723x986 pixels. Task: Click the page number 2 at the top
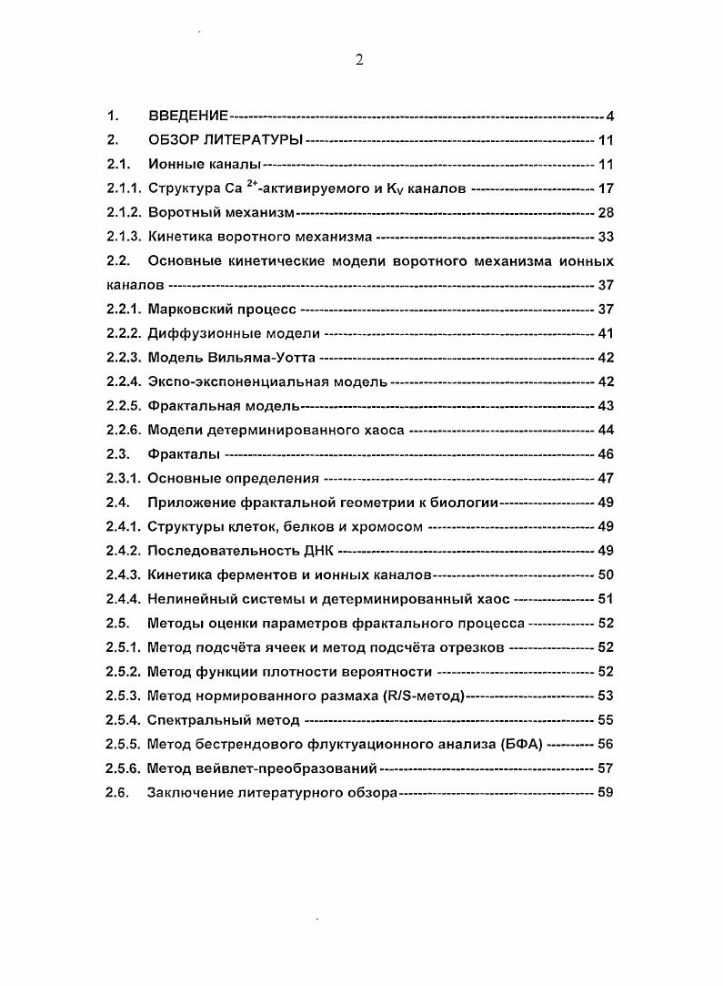click(x=359, y=60)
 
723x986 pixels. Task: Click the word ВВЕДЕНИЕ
click(x=187, y=117)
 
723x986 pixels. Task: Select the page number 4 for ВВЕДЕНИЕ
click(x=610, y=117)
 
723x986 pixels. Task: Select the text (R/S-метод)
click(x=417, y=696)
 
